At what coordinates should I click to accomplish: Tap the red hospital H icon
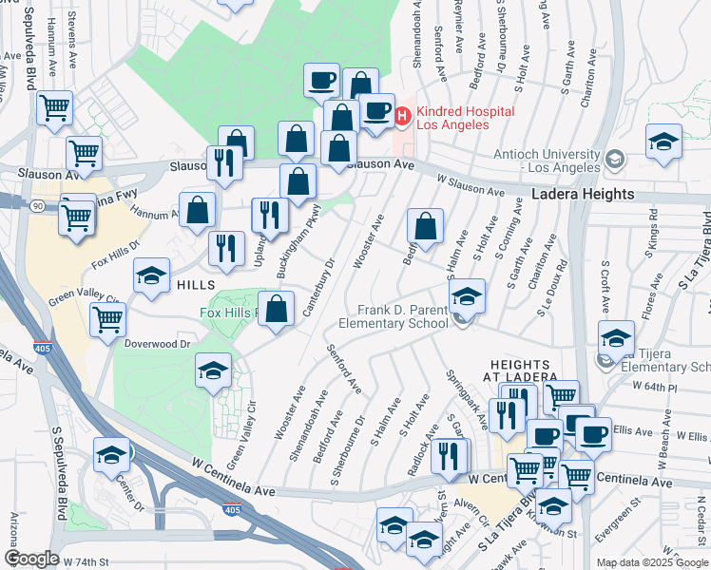(x=402, y=117)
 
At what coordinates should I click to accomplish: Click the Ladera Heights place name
(x=584, y=194)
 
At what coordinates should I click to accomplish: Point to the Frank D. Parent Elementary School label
(x=402, y=316)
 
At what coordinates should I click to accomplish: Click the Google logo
(x=31, y=559)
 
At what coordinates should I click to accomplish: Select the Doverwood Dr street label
(x=158, y=344)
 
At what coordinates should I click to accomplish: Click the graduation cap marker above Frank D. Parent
(x=467, y=295)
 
